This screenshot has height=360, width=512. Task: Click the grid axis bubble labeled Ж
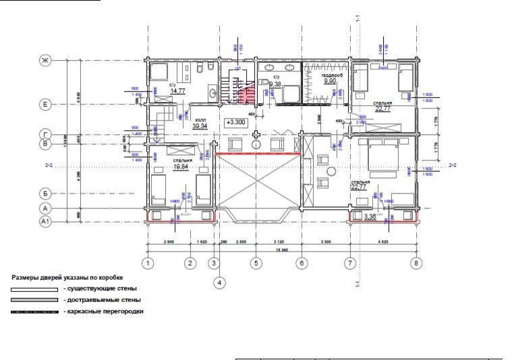[x=46, y=61]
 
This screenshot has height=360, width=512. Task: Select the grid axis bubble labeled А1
[x=46, y=220]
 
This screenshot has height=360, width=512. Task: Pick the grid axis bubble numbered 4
[x=220, y=284]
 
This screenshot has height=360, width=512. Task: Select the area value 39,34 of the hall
[x=200, y=126]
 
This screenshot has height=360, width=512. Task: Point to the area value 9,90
[x=330, y=81]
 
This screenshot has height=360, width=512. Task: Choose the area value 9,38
[x=275, y=84]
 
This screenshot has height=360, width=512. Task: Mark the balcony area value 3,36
[x=370, y=217]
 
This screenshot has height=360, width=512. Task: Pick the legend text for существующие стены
[x=99, y=289]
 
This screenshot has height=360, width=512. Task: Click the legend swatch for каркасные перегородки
[x=34, y=312]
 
